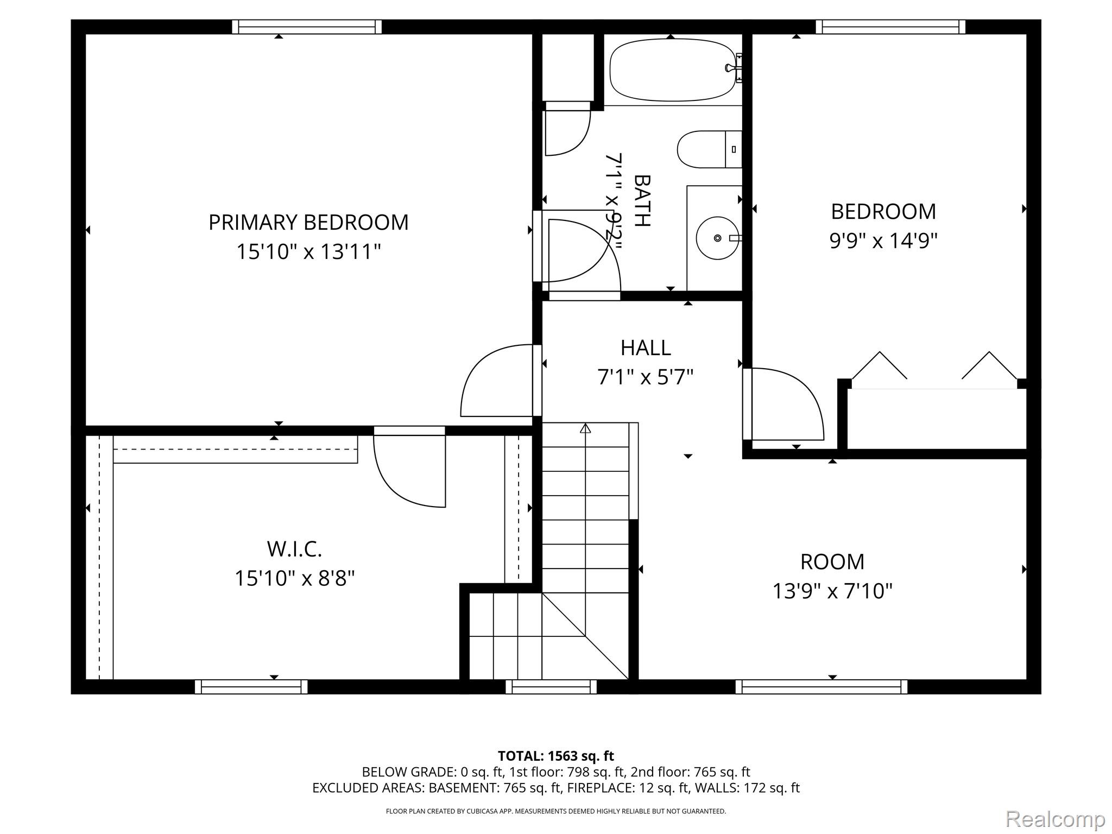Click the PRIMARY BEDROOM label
tap(308, 223)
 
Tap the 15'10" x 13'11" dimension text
tap(308, 252)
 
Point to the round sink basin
tap(717, 238)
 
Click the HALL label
tap(646, 348)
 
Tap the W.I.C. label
tap(294, 549)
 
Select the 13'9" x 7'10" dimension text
tap(832, 591)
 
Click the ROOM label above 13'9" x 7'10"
tap(832, 562)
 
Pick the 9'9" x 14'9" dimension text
tap(883, 241)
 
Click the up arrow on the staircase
tap(585, 429)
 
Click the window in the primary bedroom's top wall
tap(307, 27)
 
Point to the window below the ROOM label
tap(822, 687)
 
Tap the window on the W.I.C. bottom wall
tap(251, 687)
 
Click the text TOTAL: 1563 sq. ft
tap(556, 756)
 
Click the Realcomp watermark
tap(1056, 819)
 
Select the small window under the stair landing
tap(551, 687)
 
